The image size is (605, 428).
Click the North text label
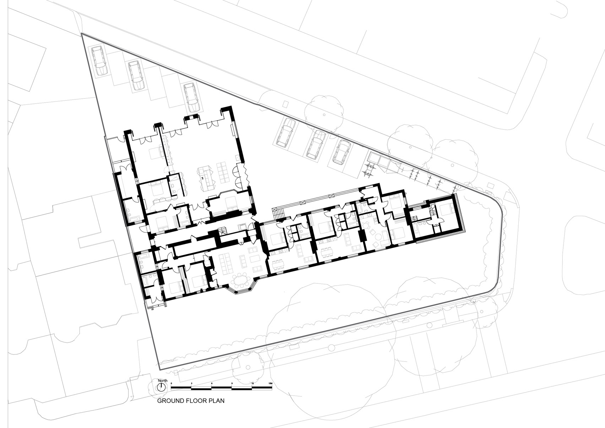tap(163, 380)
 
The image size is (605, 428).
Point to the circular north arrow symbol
tap(161, 387)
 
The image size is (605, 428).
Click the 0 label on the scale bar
tap(171, 383)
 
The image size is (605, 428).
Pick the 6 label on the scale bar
tap(212, 383)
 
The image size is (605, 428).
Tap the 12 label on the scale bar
tap(252, 383)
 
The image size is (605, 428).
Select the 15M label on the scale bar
tap(270, 383)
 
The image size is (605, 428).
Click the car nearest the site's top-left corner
tap(99, 60)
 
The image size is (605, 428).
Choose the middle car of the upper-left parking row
tap(136, 75)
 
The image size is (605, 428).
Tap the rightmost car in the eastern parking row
tap(342, 152)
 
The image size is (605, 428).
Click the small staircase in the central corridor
tap(223, 230)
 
